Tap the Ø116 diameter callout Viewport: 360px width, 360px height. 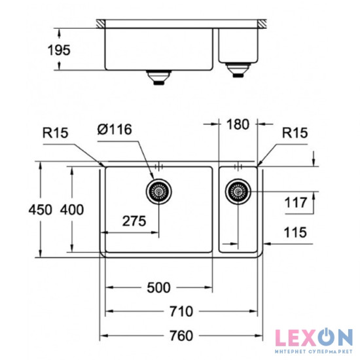pyautogui.click(x=115, y=129)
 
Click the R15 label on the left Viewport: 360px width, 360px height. pyautogui.click(x=56, y=132)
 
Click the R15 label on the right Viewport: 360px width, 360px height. pyautogui.click(x=295, y=133)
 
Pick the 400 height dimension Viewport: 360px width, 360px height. pyautogui.click(x=71, y=209)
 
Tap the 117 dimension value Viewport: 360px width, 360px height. pyautogui.click(x=296, y=204)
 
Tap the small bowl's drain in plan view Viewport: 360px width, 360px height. pyautogui.click(x=238, y=192)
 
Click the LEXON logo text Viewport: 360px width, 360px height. pyautogui.click(x=313, y=338)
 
